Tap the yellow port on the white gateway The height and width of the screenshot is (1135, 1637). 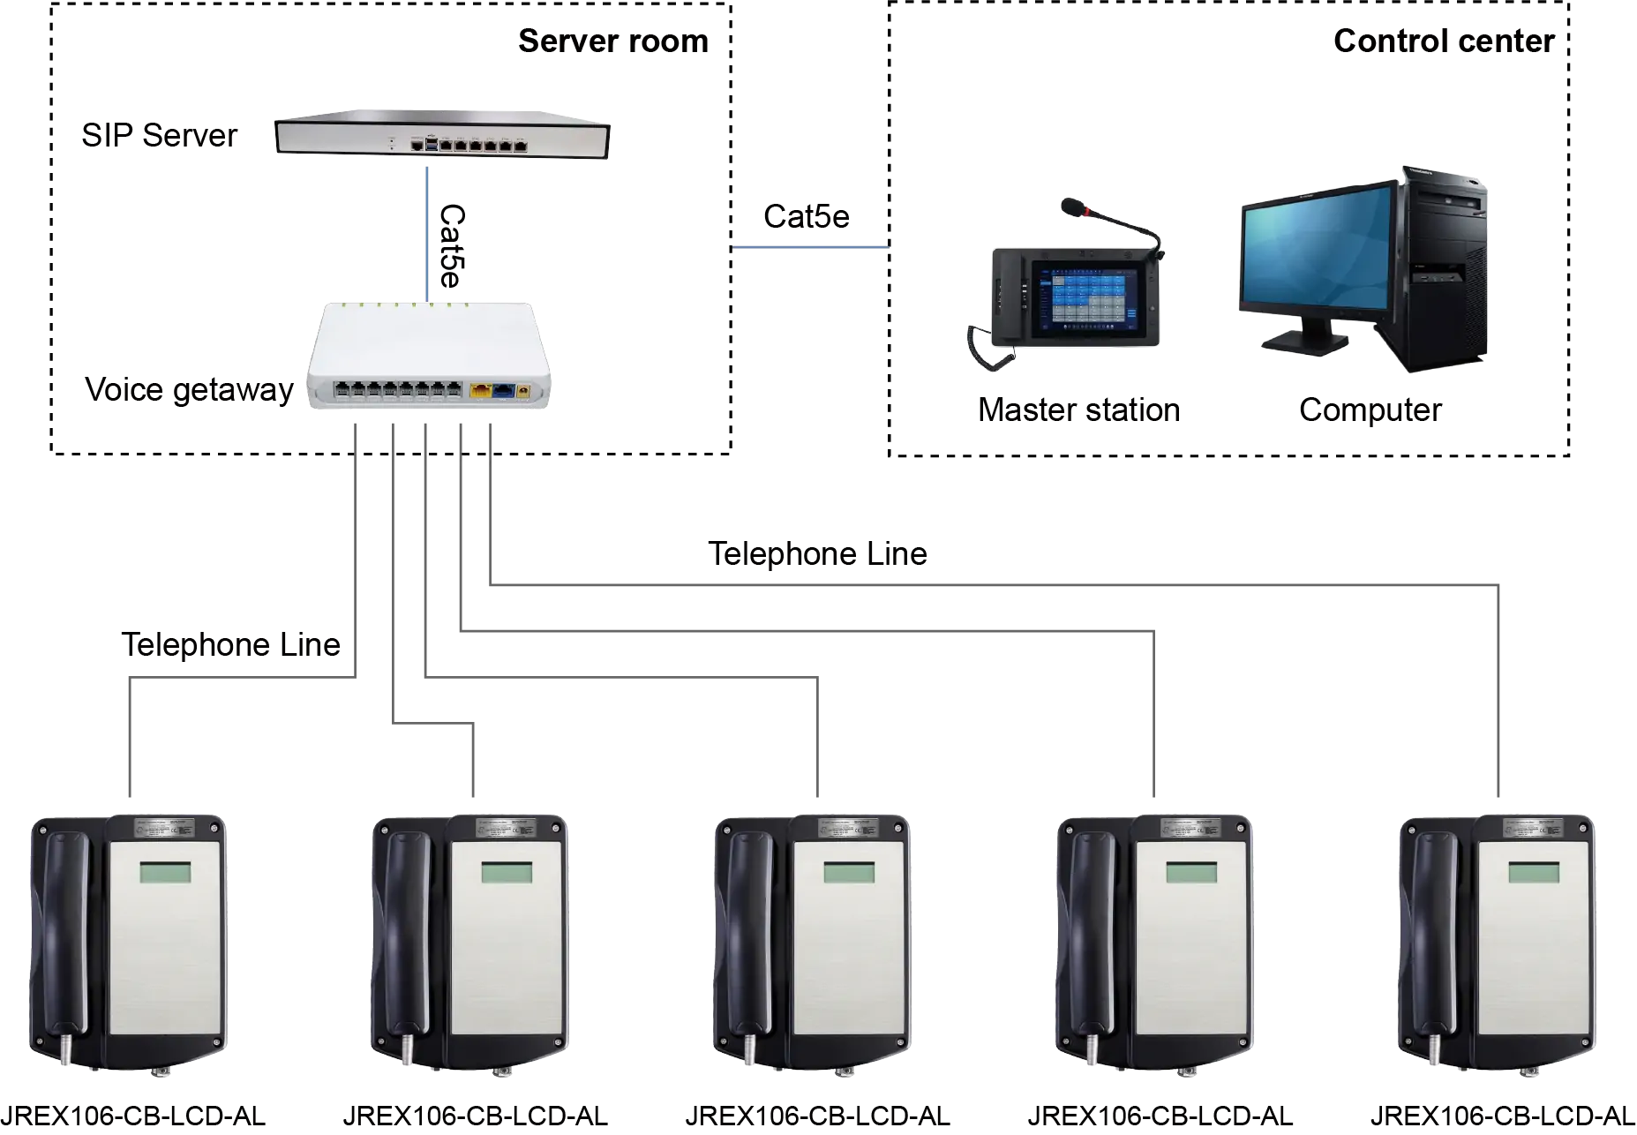[481, 389]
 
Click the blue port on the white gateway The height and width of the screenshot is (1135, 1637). [503, 389]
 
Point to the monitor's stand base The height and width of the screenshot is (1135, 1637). [1303, 342]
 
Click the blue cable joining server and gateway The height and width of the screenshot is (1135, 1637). [428, 234]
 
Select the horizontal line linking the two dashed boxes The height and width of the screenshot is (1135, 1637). [808, 249]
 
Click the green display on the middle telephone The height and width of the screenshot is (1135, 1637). [849, 873]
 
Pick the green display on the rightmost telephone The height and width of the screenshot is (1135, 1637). [1534, 873]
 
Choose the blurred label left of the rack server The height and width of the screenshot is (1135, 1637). [157, 135]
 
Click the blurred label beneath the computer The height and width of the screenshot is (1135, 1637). [1370, 411]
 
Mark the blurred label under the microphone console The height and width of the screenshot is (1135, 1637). [1075, 411]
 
